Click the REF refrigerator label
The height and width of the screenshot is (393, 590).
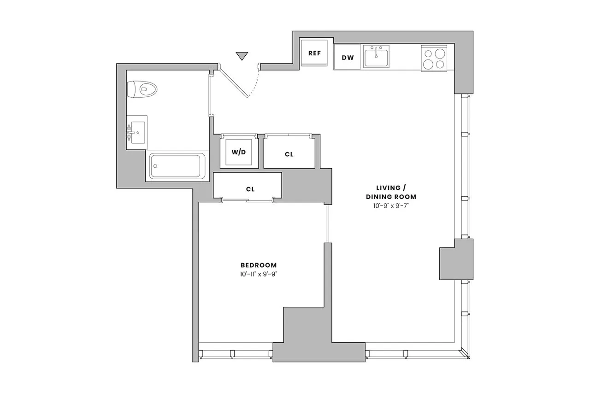coord(314,53)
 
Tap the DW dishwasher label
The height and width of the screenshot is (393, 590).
coord(348,58)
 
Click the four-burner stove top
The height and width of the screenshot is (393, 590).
coord(434,59)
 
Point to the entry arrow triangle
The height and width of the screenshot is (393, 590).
coord(242,56)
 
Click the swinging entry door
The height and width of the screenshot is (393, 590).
coord(234,81)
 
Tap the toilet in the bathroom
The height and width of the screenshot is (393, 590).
coord(142,88)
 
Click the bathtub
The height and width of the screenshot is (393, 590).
coord(177,166)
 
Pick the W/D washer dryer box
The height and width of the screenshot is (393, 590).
coord(238,153)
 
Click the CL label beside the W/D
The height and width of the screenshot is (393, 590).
coord(289,154)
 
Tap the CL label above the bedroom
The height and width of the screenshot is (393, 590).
coord(250,189)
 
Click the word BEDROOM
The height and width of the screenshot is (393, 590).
coord(259,265)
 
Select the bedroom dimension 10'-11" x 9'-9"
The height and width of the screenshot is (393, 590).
coord(259,274)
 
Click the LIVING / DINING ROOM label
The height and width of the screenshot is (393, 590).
coord(391,192)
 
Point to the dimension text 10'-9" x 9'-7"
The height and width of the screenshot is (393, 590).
coord(391,205)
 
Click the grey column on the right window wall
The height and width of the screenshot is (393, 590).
coord(455,259)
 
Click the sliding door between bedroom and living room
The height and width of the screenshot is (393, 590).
coord(328,224)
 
